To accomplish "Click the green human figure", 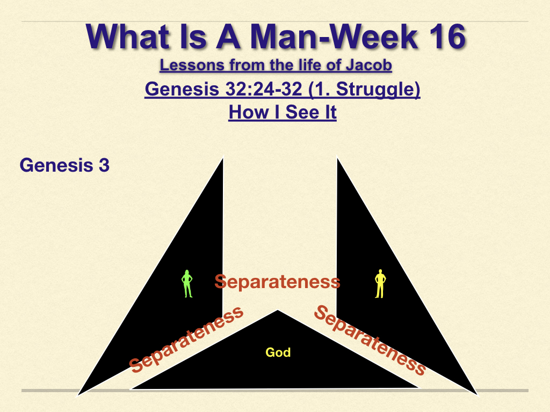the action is pos(187,284).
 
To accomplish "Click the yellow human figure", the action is pos(380,284).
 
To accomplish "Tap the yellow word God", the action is pos(278,352).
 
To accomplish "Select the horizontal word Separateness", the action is pos(278,282).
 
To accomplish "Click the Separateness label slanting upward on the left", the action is pos(186,339).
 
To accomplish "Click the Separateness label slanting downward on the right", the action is pos(370,340).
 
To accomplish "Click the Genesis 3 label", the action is pos(64,165).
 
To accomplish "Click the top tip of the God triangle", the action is pos(278,310).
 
